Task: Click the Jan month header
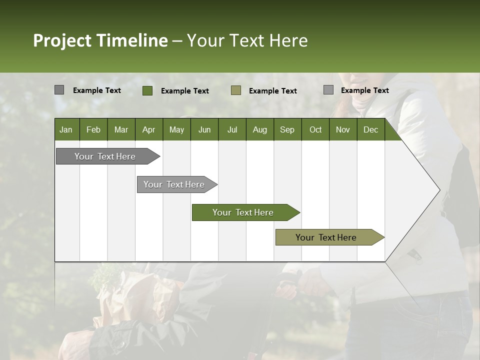coord(66,129)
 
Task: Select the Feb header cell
coord(93,129)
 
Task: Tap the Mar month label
coord(121,129)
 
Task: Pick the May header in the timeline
coord(176,129)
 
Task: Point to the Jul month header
coord(232,129)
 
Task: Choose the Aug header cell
coord(259,129)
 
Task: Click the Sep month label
coord(287,129)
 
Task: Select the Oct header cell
coord(315,129)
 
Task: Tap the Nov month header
coord(343,129)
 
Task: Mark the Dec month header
coord(370,129)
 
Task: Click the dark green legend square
coord(147,90)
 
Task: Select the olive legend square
coord(236,90)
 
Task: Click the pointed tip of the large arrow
coord(438,190)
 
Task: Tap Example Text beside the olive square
coord(272,91)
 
